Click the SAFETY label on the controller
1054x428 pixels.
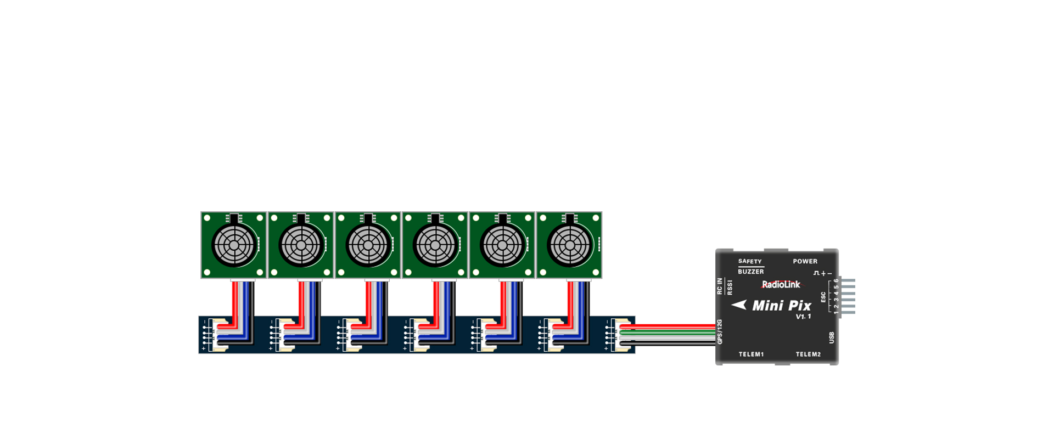pos(749,261)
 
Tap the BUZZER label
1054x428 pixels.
pos(750,272)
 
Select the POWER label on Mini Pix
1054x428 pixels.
pos(805,261)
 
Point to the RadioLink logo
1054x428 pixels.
pos(781,284)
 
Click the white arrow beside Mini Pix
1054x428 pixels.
pos(739,305)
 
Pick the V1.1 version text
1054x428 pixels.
pos(803,317)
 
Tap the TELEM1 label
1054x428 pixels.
pos(751,354)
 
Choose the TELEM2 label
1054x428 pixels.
pos(808,354)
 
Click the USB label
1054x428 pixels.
pos(832,337)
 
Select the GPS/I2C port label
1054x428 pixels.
pos(720,331)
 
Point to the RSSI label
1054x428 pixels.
pos(730,287)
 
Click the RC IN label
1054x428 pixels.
pos(720,286)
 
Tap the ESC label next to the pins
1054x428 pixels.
pos(823,297)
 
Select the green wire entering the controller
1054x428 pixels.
pos(670,332)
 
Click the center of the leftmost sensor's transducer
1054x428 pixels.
pos(234,245)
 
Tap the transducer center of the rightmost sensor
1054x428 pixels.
pos(569,245)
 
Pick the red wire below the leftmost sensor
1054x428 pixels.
pos(235,299)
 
